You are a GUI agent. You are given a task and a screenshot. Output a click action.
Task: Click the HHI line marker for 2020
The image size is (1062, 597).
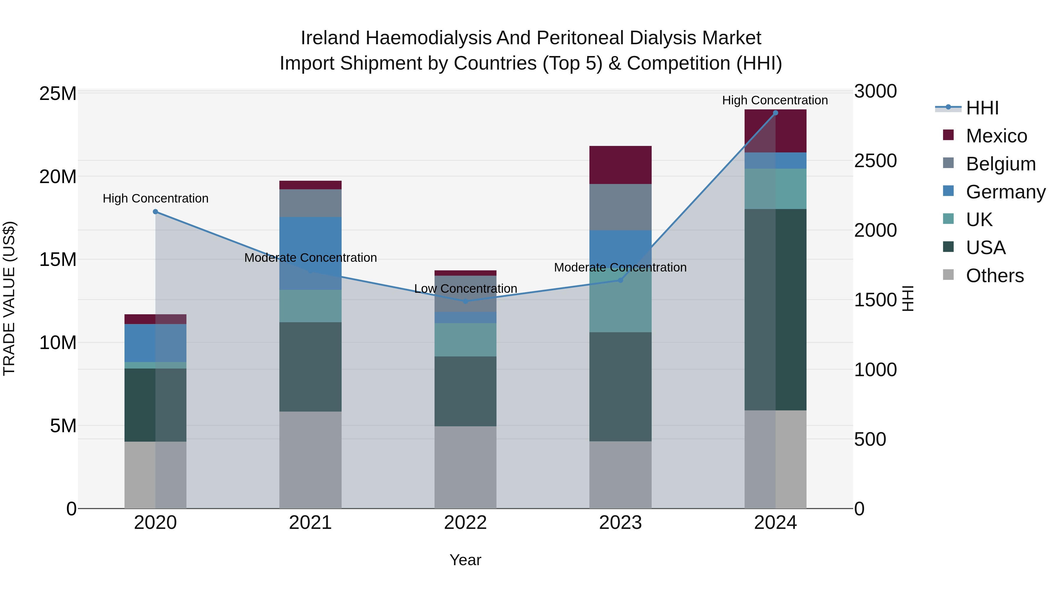click(155, 212)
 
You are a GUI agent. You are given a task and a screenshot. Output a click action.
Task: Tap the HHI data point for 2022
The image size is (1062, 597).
click(466, 301)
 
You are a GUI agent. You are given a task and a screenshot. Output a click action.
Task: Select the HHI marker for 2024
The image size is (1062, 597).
click(776, 113)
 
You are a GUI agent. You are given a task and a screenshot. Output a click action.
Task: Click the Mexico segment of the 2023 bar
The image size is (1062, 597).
click(620, 165)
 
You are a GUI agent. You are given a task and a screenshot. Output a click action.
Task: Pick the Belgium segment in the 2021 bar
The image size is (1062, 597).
click(310, 203)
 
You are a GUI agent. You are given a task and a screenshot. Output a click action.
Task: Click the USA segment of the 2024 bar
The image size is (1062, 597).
click(776, 310)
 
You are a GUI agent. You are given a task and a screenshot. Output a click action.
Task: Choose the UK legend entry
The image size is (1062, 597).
click(979, 220)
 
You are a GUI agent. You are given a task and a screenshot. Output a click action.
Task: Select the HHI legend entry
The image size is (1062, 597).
click(982, 108)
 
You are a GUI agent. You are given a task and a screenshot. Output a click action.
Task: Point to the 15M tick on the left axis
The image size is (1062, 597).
click(58, 259)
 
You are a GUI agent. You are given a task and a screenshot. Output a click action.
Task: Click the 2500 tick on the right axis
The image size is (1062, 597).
click(875, 161)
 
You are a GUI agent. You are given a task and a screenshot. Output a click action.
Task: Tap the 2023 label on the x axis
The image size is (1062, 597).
click(620, 523)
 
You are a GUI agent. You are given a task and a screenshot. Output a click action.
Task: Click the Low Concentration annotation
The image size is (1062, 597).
click(466, 288)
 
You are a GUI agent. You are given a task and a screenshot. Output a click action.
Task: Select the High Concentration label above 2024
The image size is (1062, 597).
click(775, 100)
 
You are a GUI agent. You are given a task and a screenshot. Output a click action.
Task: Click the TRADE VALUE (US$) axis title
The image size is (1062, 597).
click(9, 298)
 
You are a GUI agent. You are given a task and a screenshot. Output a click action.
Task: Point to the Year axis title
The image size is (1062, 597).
click(466, 560)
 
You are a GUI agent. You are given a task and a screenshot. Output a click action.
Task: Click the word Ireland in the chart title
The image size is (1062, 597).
click(330, 38)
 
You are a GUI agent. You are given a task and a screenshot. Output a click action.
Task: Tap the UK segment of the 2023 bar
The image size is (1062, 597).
click(620, 301)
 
